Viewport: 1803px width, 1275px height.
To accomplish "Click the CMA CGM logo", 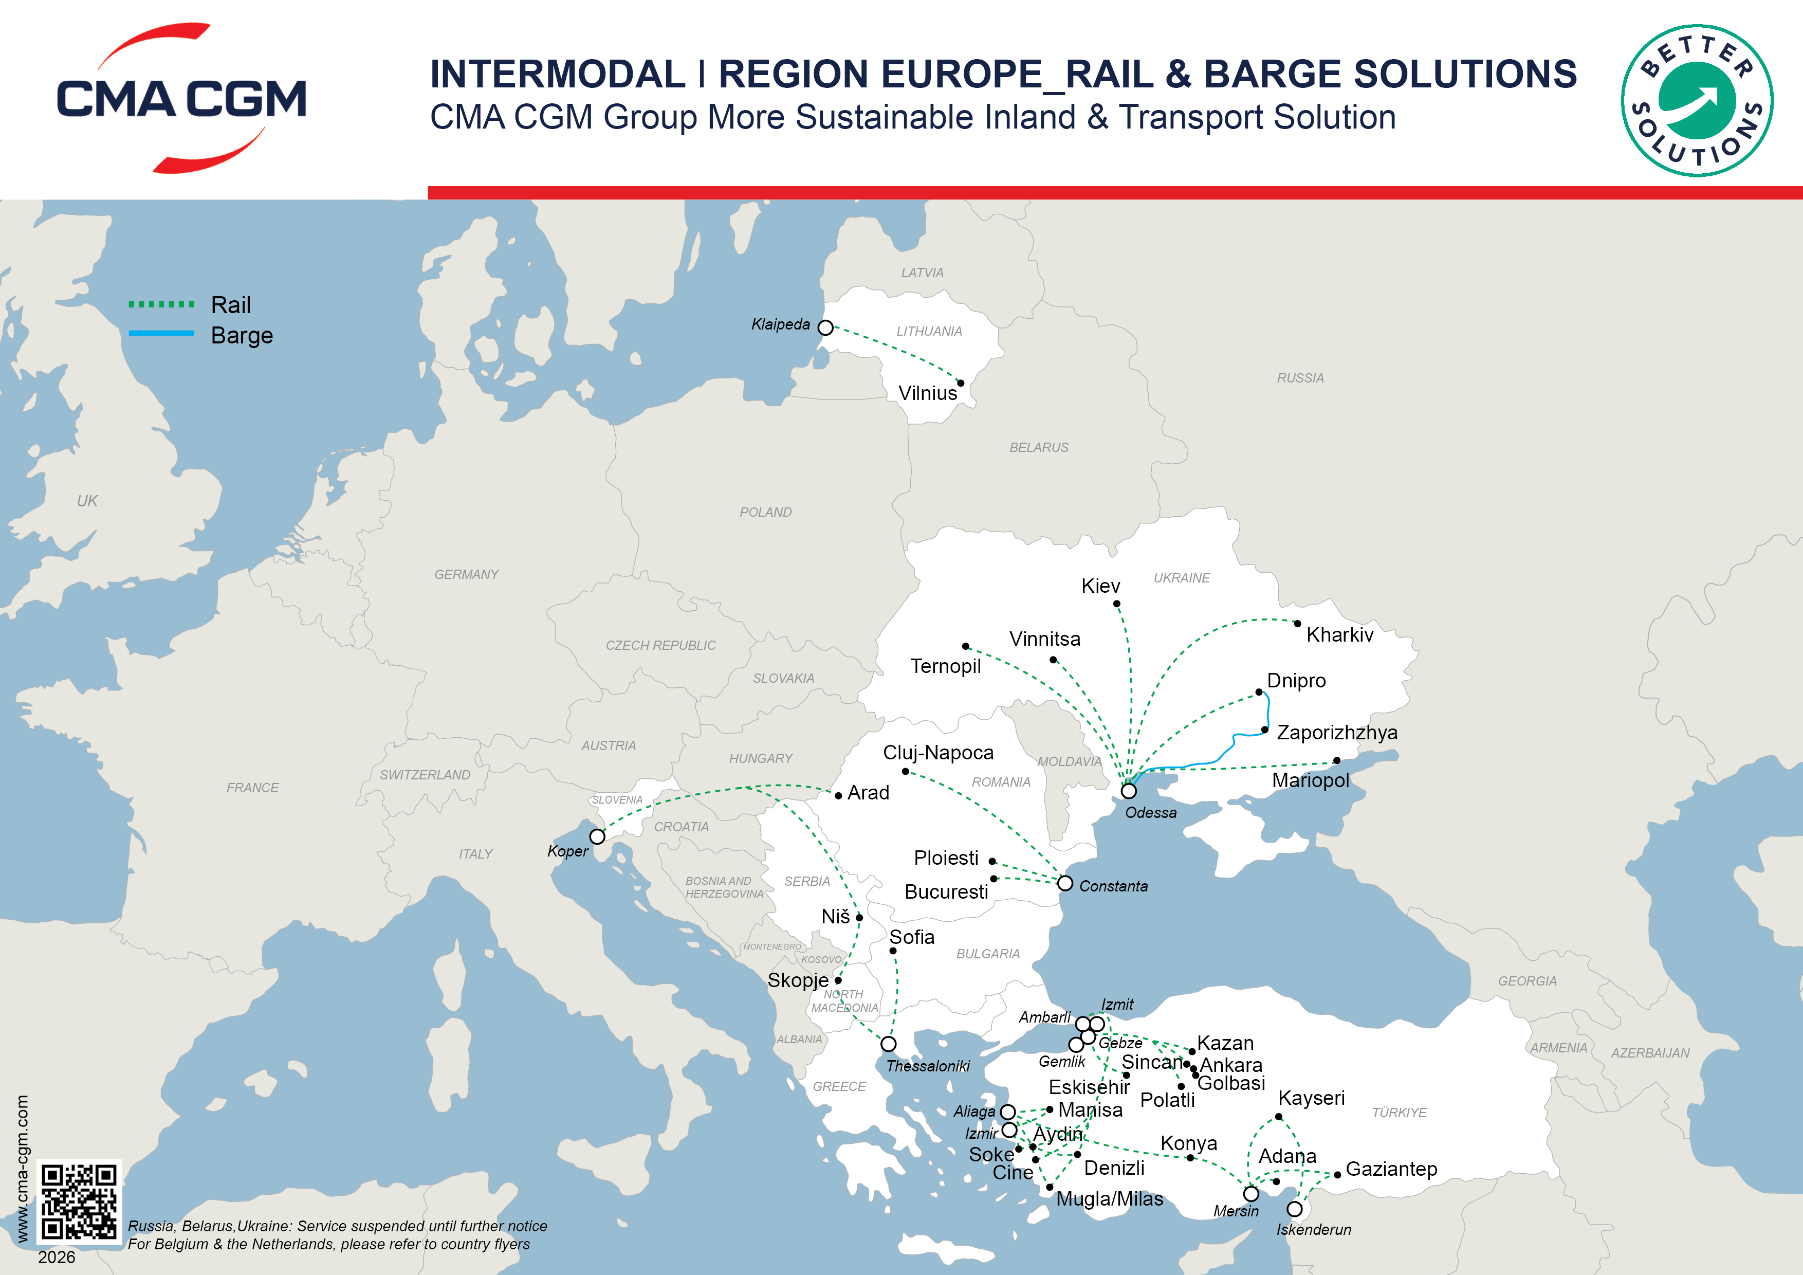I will (181, 98).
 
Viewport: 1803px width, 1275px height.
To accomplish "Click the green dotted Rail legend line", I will (161, 304).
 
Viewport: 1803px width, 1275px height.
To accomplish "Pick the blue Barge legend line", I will (161, 333).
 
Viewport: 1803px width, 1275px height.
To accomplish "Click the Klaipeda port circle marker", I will (825, 327).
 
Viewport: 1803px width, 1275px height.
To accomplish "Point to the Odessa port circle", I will (1129, 791).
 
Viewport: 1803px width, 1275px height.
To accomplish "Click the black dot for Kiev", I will (1117, 604).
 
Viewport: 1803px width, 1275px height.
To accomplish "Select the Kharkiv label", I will (1340, 635).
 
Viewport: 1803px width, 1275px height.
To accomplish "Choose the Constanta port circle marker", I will (1065, 884).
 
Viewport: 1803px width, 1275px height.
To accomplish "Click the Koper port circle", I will (598, 836).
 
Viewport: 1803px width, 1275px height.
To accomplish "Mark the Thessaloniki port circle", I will (888, 1044).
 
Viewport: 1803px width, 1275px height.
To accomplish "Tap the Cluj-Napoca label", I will (939, 753).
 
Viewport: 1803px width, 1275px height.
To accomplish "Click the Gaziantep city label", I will (1391, 1169).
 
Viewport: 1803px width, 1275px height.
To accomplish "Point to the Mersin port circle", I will (1251, 1194).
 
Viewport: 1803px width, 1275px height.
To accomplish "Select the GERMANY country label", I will (467, 574).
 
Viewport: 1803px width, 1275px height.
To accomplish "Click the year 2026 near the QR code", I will (57, 1257).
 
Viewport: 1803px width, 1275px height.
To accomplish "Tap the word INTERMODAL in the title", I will (558, 74).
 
